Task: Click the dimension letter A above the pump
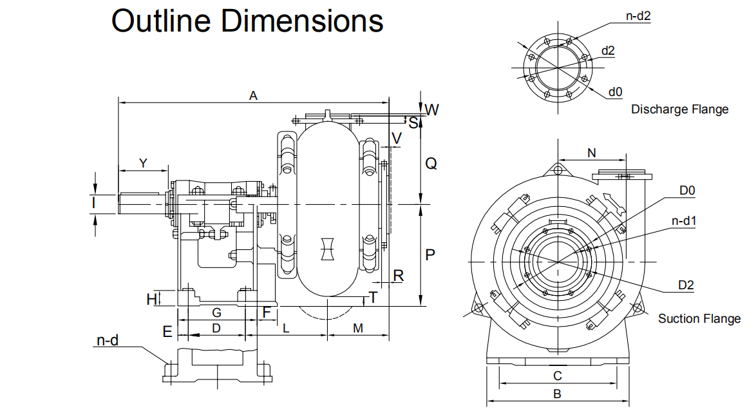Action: click(x=254, y=95)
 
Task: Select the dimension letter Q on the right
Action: click(x=431, y=164)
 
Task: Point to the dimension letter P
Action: click(x=430, y=255)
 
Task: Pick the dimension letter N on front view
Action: click(x=592, y=152)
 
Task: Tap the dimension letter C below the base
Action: click(x=558, y=376)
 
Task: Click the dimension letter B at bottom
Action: click(x=558, y=394)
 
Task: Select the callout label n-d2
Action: click(x=638, y=17)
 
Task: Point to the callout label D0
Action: click(x=688, y=191)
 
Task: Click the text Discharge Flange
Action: click(x=679, y=110)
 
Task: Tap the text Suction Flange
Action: click(x=699, y=319)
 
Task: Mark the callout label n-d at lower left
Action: click(x=108, y=340)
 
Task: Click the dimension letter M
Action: click(x=358, y=328)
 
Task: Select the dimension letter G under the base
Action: click(x=217, y=312)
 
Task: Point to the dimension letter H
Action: click(x=151, y=298)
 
